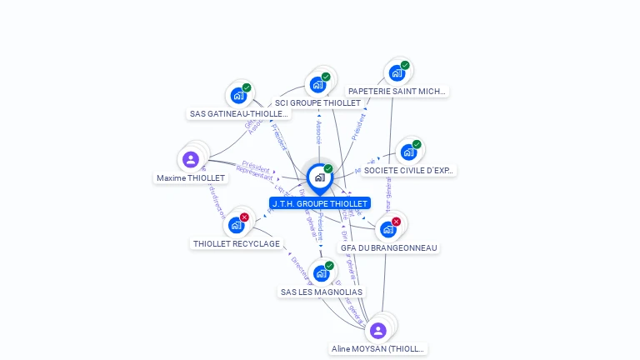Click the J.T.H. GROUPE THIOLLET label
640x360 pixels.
click(x=320, y=203)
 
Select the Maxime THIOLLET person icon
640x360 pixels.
click(x=191, y=159)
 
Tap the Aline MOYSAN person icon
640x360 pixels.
click(x=377, y=330)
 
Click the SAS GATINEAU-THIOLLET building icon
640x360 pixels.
click(x=238, y=95)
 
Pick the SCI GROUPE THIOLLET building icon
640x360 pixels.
click(x=317, y=84)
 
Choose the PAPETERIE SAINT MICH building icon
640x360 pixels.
click(x=397, y=72)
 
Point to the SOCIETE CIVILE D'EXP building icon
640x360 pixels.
click(x=408, y=152)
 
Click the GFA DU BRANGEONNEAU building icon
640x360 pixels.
click(x=387, y=229)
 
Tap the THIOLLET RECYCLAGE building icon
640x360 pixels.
click(x=237, y=225)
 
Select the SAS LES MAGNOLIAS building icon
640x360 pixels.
click(x=322, y=273)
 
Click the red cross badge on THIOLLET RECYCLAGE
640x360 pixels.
click(x=244, y=217)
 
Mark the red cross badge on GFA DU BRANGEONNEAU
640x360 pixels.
click(x=396, y=222)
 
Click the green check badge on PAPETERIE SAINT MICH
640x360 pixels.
click(x=405, y=65)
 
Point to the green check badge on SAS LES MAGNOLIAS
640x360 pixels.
click(x=329, y=266)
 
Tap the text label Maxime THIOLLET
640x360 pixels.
click(x=191, y=178)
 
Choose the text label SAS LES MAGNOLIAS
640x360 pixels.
click(x=322, y=292)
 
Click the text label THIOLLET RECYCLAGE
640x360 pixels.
click(x=237, y=244)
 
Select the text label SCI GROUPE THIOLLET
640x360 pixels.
click(x=317, y=103)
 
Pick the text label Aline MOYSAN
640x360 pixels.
click(x=377, y=349)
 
